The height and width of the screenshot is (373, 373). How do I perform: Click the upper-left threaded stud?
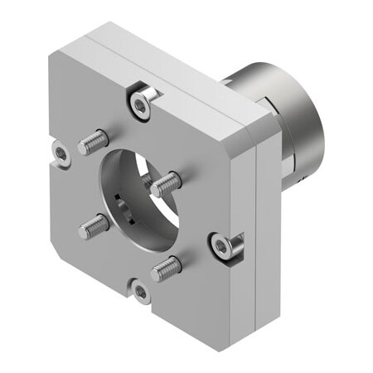click(94, 143)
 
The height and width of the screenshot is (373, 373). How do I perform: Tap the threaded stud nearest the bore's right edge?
click(165, 182)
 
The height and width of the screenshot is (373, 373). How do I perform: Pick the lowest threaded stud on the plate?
click(166, 267)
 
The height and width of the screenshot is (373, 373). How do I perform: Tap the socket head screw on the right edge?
click(220, 245)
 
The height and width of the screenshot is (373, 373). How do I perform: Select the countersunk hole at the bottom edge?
click(142, 291)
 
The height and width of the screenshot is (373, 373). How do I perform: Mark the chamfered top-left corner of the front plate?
click(51, 56)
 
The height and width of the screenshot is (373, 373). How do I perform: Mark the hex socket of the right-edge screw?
click(220, 245)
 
